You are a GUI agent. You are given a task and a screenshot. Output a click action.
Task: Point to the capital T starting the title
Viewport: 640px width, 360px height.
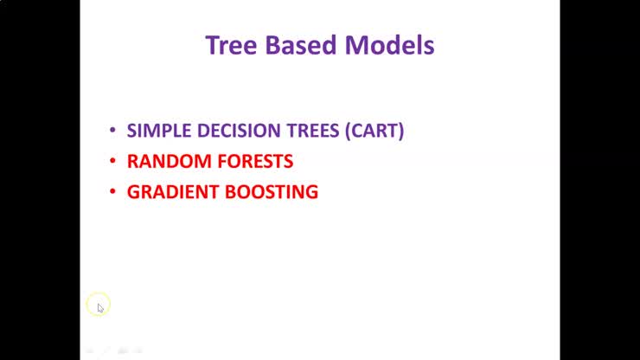212,45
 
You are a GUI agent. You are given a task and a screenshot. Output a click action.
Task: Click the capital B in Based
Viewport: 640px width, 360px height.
269,45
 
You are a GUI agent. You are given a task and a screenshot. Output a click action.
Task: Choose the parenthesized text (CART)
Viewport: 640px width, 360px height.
374,132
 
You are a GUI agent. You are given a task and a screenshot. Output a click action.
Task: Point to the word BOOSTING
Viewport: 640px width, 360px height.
272,192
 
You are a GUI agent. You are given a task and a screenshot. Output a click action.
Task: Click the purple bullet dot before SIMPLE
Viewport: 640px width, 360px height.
112,132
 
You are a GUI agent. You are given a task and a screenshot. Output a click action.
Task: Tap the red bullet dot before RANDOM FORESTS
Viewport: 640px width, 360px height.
112,162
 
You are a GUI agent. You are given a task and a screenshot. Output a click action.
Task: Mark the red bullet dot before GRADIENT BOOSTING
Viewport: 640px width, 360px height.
112,192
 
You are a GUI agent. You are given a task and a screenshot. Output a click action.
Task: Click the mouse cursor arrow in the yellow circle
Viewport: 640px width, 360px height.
99,306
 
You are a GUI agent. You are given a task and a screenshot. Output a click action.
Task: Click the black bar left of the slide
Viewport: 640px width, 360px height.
40,180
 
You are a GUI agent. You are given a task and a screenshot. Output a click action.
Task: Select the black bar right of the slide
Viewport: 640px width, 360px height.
599,180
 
